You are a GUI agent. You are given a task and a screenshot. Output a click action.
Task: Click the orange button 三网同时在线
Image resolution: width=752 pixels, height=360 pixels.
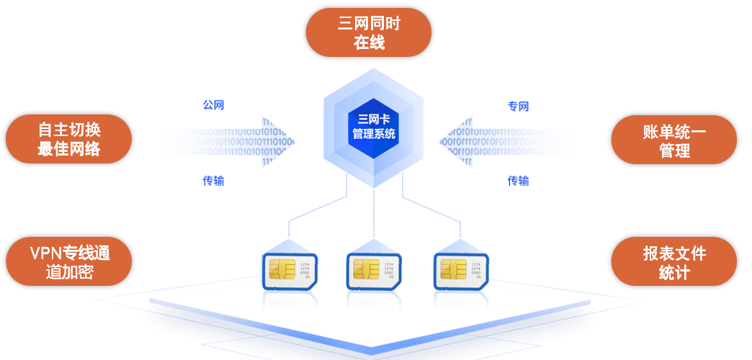[x=368, y=32]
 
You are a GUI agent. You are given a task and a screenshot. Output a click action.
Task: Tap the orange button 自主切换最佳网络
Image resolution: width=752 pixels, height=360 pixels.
[x=68, y=139]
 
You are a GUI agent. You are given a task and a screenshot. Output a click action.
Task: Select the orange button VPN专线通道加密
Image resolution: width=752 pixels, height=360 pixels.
[x=68, y=262]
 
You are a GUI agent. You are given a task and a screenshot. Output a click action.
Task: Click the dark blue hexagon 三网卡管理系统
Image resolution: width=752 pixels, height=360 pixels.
[x=373, y=127]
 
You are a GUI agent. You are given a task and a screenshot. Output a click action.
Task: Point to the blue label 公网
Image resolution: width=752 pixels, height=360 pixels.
[x=213, y=105]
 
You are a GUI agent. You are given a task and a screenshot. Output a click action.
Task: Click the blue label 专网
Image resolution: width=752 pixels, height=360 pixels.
[x=518, y=107]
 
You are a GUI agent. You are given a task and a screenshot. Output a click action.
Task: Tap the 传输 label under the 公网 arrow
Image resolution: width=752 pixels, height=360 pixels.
[x=213, y=181]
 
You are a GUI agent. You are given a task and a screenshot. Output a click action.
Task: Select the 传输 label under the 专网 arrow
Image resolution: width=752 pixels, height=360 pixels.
[x=518, y=181]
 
